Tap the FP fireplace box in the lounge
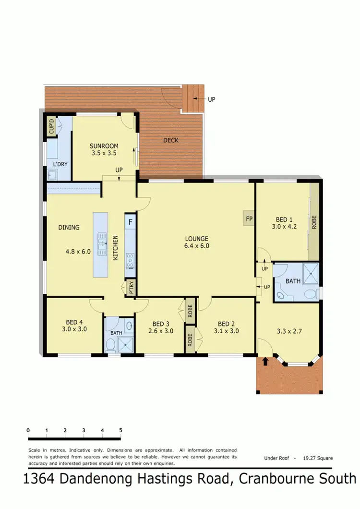click(x=249, y=218)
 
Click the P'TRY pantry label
click(x=131, y=288)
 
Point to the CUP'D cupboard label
click(x=51, y=127)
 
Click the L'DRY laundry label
click(x=60, y=164)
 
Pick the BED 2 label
click(x=228, y=323)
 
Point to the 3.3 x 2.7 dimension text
click(x=287, y=331)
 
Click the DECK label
click(x=171, y=140)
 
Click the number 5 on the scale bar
click(x=120, y=430)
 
